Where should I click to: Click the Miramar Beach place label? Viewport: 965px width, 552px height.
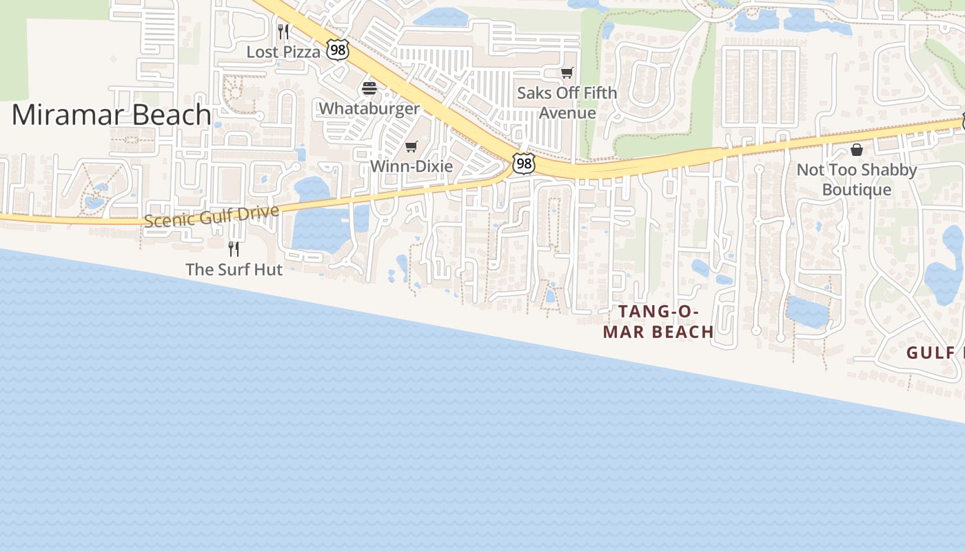(111, 115)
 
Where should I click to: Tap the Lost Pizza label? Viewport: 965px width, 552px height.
(283, 52)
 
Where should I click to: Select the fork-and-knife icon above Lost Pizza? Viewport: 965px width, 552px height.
(283, 31)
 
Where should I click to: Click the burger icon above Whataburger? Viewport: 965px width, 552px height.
(369, 88)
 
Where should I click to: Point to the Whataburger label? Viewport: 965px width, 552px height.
(369, 108)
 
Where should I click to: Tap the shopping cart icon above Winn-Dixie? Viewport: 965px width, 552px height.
(412, 146)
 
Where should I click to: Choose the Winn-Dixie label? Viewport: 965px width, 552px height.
(412, 166)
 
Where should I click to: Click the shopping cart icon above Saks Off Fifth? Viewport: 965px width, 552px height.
(567, 72)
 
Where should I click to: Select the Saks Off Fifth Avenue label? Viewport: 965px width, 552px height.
(567, 102)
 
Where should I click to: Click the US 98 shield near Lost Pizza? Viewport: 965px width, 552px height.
(338, 50)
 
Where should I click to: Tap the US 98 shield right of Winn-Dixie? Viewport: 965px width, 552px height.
(524, 164)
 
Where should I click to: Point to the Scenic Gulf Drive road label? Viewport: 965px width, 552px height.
(212, 216)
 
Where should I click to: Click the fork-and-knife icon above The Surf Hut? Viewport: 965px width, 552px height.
(234, 248)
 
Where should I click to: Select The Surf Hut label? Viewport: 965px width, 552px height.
(234, 269)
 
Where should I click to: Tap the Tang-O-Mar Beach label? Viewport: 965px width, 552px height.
(658, 322)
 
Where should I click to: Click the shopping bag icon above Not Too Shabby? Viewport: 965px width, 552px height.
(857, 150)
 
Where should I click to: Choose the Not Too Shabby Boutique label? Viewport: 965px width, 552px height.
(857, 179)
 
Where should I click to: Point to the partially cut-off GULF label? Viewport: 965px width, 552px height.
(935, 353)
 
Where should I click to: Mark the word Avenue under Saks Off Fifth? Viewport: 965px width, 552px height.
(567, 112)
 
